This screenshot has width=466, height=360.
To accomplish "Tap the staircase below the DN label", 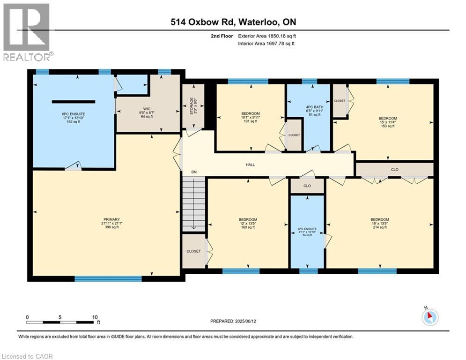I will (193, 205).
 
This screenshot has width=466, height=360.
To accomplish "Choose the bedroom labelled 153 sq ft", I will (388, 122).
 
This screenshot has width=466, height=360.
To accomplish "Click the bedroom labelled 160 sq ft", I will (248, 223).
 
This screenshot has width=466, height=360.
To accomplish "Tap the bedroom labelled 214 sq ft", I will (379, 223).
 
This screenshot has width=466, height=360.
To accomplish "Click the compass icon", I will (429, 317).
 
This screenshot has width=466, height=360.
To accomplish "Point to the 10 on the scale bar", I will (95, 317).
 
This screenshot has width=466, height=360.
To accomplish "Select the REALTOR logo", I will (27, 32).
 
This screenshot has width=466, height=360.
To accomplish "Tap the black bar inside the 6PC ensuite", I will (74, 102).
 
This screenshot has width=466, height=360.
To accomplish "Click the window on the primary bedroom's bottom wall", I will (108, 278).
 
